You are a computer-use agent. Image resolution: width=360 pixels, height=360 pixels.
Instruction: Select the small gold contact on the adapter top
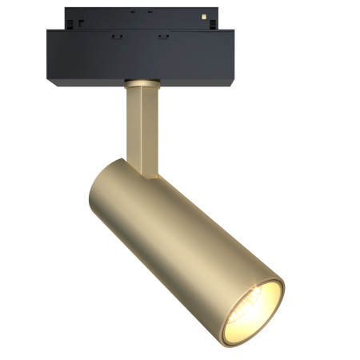(x=206, y=16)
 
